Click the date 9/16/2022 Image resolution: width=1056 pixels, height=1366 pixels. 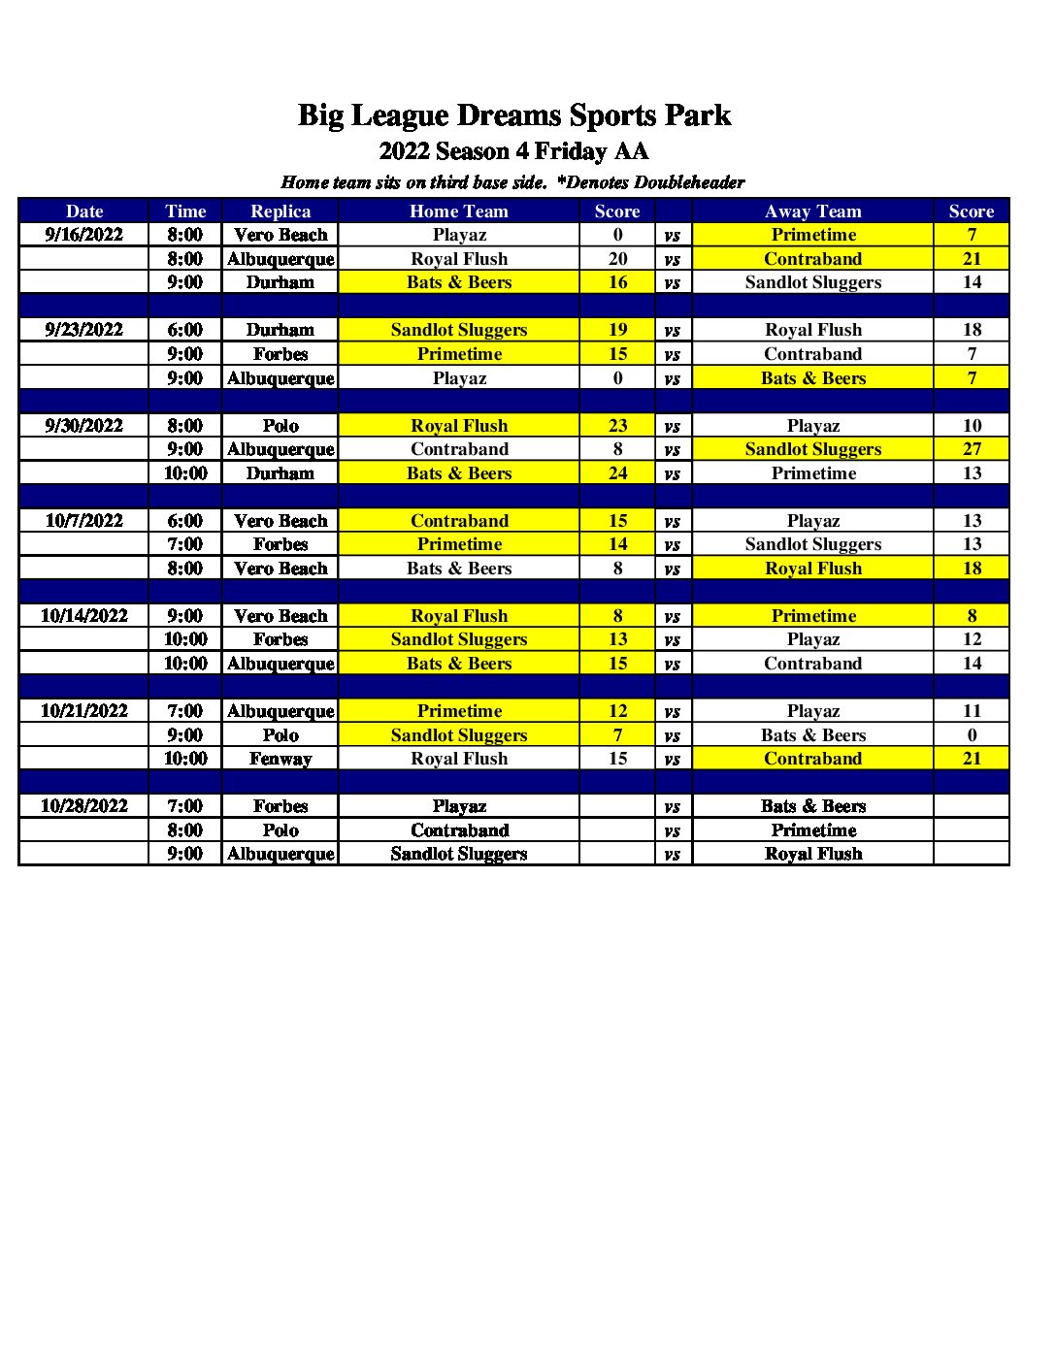[84, 235]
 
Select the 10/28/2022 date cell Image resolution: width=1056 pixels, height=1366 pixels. [84, 806]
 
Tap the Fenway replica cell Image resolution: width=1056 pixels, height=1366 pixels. [280, 759]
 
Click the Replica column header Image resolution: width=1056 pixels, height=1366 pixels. [280, 211]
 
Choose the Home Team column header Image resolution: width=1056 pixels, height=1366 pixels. [459, 211]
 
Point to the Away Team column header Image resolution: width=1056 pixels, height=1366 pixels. [813, 211]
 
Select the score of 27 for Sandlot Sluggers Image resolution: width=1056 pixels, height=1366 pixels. [972, 449]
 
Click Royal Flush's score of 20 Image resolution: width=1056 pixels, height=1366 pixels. [618, 259]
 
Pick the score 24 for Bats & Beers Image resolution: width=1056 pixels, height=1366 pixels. [618, 473]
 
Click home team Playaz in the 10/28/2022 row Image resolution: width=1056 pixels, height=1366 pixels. [459, 806]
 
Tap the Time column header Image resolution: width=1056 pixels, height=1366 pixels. [185, 211]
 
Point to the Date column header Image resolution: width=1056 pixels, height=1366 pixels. [84, 211]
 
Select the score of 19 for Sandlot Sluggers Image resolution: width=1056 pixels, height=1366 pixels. [618, 330]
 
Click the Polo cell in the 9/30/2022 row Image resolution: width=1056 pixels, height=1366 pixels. [280, 426]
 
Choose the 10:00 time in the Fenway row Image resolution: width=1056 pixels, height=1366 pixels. [185, 759]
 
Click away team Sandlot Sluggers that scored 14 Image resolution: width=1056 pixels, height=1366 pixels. [813, 282]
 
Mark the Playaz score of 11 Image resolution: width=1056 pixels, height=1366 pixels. [972, 711]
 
